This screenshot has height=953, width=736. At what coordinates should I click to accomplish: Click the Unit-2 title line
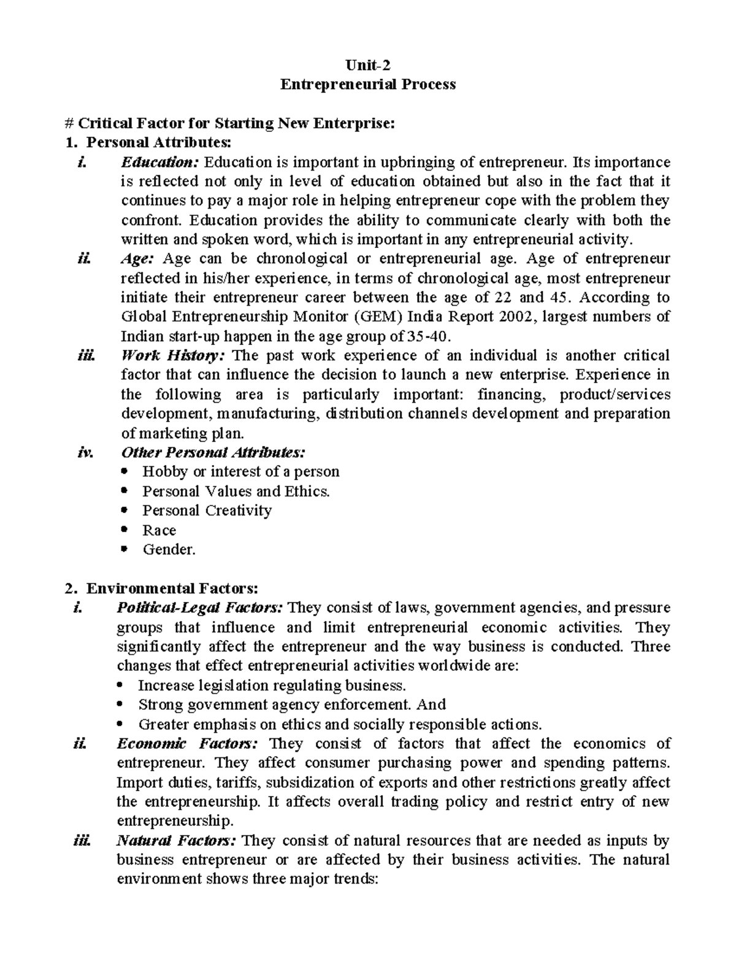(x=368, y=65)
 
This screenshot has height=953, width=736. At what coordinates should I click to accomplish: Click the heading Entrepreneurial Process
(x=368, y=85)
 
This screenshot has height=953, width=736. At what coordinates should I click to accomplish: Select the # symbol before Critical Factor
(x=68, y=123)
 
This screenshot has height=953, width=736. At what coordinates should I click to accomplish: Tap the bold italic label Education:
(x=160, y=163)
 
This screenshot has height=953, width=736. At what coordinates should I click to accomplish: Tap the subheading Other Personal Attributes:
(x=212, y=452)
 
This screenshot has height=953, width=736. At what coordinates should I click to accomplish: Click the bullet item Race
(x=159, y=530)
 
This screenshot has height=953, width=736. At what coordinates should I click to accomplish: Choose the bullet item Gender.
(x=169, y=549)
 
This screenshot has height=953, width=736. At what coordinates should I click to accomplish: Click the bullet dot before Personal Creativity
(x=126, y=511)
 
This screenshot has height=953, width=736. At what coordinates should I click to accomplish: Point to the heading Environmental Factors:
(x=172, y=588)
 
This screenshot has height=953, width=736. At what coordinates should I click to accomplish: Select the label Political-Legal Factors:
(x=200, y=608)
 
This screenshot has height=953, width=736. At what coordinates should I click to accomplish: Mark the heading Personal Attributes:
(x=159, y=142)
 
